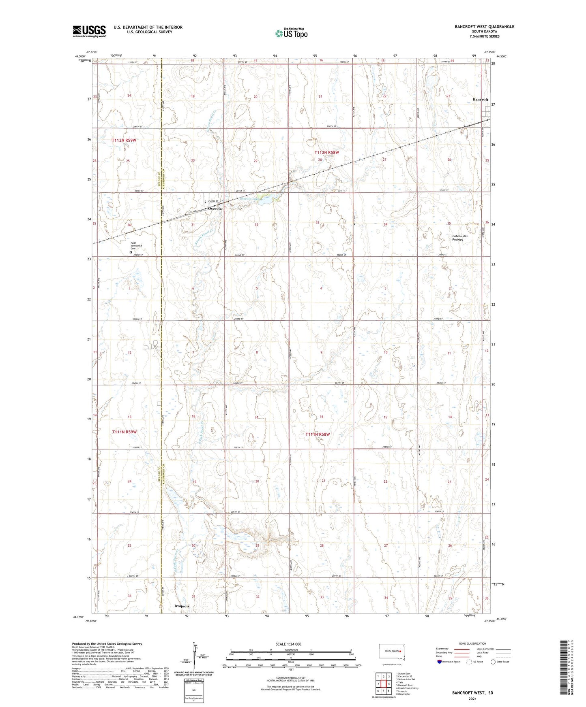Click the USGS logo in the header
(89, 31)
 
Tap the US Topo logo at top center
(291, 33)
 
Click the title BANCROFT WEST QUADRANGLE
(484, 27)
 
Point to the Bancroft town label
(480, 100)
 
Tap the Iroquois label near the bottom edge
(182, 606)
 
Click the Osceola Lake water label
(249, 199)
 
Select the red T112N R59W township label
(124, 140)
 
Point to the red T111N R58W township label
(318, 434)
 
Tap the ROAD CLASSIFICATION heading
(472, 643)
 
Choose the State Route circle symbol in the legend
(493, 662)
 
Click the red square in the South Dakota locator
(400, 652)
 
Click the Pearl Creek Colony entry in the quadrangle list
(407, 688)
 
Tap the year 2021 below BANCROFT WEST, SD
(472, 699)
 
